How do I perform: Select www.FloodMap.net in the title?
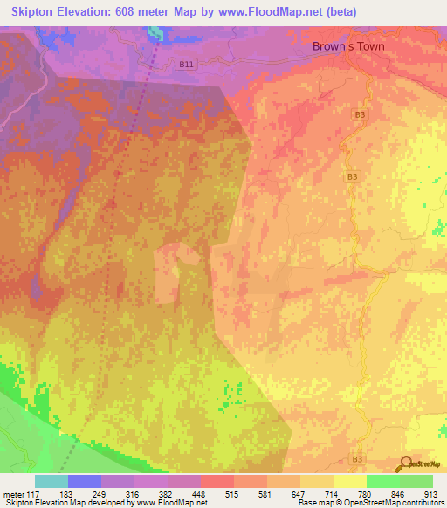pos(270,9)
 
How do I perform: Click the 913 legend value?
pos(430,493)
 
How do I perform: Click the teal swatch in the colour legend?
pos(52,482)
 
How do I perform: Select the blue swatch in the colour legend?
pos(85,482)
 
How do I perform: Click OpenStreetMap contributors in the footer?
pos(388,503)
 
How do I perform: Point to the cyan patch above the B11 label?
pos(155,32)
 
